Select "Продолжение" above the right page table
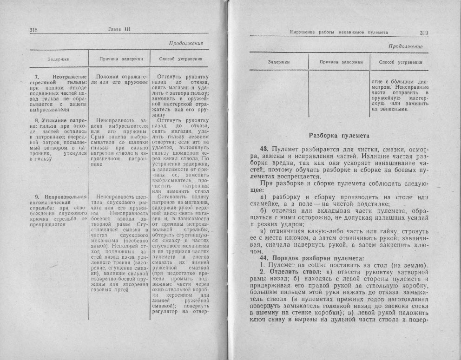click(405, 46)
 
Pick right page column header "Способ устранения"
click(401, 62)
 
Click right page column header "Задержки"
click(279, 62)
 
